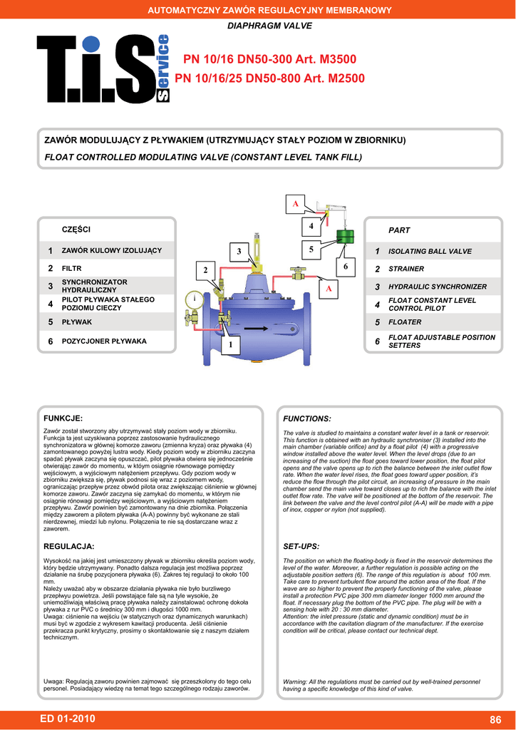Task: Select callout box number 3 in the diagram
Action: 239,252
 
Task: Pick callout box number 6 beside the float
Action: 345,266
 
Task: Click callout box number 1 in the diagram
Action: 230,345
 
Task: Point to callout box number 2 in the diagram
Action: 205,271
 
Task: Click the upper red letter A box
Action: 295,204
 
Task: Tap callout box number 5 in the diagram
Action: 311,249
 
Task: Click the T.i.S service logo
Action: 103,69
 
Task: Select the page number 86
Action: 496,719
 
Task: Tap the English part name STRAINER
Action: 406,269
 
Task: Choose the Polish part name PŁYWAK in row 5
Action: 77,322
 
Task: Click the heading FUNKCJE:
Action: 63,418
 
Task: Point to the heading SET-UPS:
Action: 301,546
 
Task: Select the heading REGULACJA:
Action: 69,546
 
